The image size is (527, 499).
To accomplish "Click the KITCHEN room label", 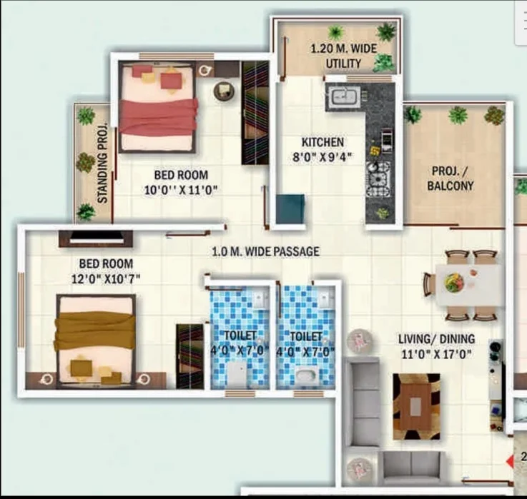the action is (322, 142).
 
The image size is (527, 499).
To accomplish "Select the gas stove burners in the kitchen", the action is (379, 179).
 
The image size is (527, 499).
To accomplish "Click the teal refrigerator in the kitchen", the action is (290, 208).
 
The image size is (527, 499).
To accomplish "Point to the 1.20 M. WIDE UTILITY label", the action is (343, 56).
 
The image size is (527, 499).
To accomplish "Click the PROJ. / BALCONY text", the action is (450, 178).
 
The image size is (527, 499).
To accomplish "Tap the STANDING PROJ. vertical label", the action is (102, 163).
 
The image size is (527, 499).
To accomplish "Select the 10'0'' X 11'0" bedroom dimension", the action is (181, 191).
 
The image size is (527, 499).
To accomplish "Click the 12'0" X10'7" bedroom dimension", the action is (106, 278).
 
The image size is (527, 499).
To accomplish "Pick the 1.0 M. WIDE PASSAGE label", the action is (265, 251).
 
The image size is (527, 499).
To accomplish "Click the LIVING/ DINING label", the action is (437, 339).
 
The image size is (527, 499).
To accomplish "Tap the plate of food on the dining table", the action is (453, 283).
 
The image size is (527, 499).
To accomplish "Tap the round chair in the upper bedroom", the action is (225, 91).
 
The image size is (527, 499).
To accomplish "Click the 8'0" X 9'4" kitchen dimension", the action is (322, 157).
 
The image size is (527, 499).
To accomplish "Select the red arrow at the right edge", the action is (510, 461).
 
